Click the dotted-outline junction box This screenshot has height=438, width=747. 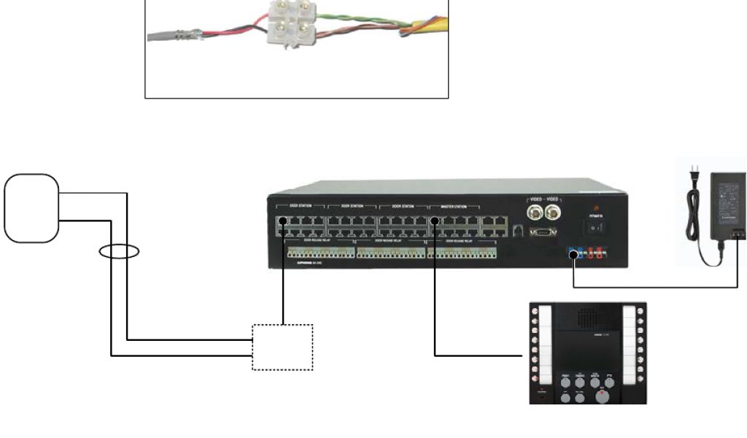(x=282, y=347)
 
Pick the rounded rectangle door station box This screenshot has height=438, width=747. (x=31, y=207)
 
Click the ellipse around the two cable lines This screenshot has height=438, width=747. (x=119, y=253)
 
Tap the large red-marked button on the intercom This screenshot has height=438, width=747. (x=601, y=396)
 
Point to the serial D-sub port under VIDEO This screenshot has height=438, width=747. (x=545, y=232)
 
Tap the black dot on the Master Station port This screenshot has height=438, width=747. (x=434, y=220)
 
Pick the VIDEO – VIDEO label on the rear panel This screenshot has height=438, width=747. (x=544, y=199)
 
